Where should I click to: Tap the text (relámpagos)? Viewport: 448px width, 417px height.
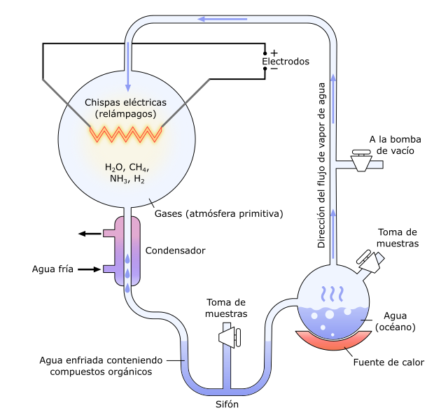(126, 113)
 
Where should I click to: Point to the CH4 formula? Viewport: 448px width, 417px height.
(139, 168)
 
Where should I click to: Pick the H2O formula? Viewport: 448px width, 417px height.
(113, 168)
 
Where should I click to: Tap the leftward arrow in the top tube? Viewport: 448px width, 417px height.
(222, 19)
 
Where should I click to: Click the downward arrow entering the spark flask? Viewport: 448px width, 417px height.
(128, 77)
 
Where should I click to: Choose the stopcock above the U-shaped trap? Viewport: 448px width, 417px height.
(230, 338)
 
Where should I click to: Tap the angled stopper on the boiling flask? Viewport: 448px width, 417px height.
(371, 263)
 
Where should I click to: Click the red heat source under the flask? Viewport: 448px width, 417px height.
(333, 341)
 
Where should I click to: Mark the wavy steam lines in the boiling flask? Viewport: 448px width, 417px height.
(332, 295)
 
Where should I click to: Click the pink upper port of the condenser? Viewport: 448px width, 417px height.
(110, 234)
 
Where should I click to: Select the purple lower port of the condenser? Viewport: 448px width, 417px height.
(110, 269)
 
